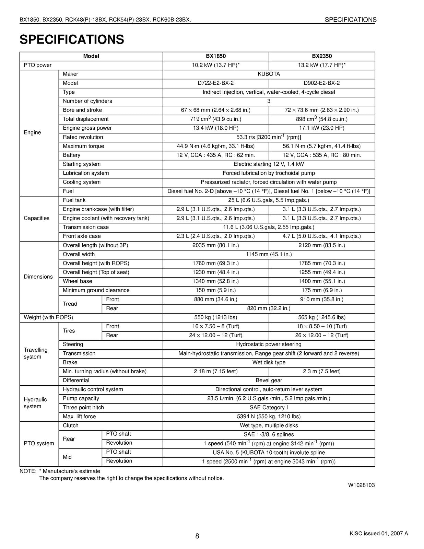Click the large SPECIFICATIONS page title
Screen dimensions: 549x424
click(72, 39)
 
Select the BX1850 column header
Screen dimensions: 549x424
click(216, 56)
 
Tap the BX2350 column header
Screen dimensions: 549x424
click(322, 56)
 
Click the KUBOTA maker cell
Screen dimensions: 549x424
click(269, 74)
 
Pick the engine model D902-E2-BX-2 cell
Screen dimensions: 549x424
click(322, 83)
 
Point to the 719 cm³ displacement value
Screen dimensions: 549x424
click(216, 119)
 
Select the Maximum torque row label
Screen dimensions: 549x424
click(83, 146)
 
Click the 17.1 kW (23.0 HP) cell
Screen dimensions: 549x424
click(322, 128)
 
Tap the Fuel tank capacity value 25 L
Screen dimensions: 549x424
click(269, 200)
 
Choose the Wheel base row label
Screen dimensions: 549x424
click(78, 281)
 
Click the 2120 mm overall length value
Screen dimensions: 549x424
click(322, 245)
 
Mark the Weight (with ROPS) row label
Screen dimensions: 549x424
click(48, 317)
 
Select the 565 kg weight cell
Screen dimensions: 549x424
click(322, 317)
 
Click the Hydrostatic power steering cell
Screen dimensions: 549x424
click(269, 344)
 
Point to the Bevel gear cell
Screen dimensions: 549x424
click(269, 380)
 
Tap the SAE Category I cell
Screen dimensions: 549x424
click(269, 407)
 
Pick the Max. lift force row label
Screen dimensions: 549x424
click(79, 417)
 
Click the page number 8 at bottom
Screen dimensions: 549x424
click(197, 536)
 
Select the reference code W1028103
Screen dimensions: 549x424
click(361, 485)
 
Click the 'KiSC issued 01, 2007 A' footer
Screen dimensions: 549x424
click(379, 533)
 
